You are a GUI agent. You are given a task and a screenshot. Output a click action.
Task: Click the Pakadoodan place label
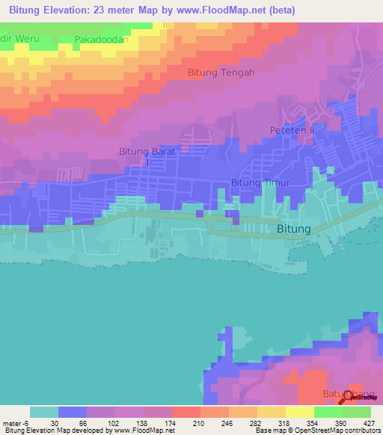[x=102, y=39]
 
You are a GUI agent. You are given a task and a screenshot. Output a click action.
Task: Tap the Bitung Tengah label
[x=221, y=72]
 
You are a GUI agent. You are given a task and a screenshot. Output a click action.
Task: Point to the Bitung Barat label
[x=147, y=152]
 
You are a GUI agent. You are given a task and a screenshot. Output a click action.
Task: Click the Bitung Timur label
[x=260, y=182]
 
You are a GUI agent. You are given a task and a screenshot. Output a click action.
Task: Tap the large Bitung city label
[x=293, y=229]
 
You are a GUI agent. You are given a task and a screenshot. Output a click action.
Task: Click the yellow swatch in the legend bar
[x=299, y=412]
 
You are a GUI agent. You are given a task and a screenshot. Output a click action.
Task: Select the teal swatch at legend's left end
[x=44, y=412]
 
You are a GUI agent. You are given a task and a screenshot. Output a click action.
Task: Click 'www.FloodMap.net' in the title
[x=218, y=10]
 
